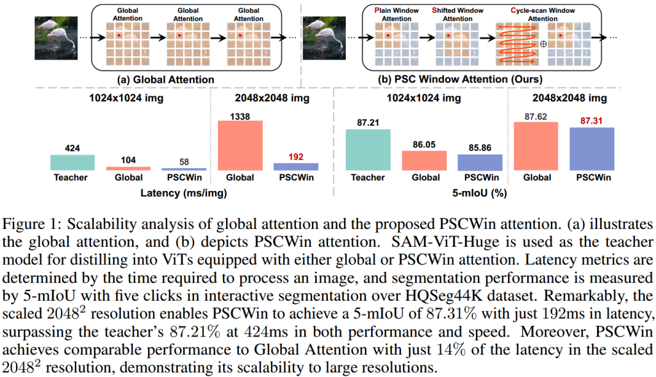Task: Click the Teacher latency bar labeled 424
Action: (72, 162)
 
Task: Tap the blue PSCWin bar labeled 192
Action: (296, 166)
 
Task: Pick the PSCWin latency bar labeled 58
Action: (184, 169)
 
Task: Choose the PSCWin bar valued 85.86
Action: (480, 162)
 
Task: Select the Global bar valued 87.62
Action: (536, 146)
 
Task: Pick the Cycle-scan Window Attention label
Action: (534, 14)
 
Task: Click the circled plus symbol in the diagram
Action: (543, 44)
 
